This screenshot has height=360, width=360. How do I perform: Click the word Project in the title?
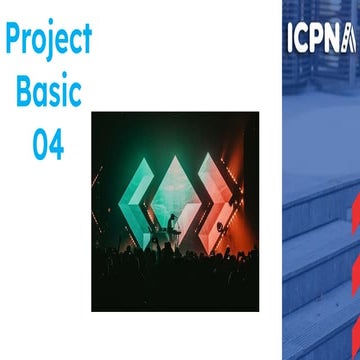click(48, 40)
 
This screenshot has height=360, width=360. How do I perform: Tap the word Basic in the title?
click(49, 92)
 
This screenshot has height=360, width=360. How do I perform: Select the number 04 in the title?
click(48, 144)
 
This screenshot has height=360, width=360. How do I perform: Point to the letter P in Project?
click(13, 39)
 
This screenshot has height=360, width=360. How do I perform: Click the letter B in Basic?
click(22, 92)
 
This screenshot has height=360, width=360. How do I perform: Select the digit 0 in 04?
click(39, 144)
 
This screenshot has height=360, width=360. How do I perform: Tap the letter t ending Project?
click(86, 40)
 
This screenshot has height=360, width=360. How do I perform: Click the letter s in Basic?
click(56, 94)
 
